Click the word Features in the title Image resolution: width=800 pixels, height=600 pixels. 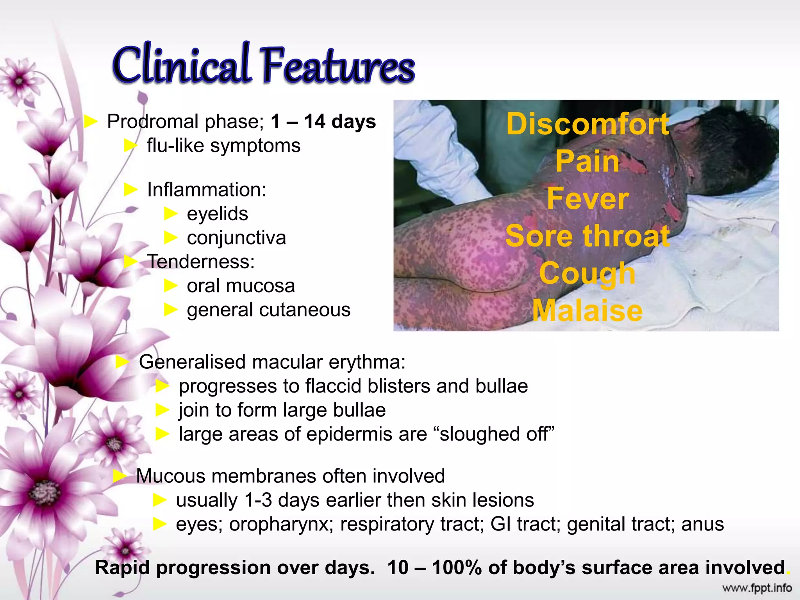point(338,66)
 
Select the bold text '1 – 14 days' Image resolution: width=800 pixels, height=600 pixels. point(323,121)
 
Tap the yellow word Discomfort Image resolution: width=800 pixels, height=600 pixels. point(587,124)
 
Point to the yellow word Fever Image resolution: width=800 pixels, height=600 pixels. point(587,199)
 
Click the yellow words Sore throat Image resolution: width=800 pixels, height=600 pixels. point(587,236)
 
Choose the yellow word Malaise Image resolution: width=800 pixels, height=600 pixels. point(587,311)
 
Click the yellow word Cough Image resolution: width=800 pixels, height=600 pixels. point(587,273)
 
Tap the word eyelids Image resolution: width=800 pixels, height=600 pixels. point(217,214)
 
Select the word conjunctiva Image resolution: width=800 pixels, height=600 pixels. point(236,238)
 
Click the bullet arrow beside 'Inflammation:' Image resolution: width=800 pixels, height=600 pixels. point(131,190)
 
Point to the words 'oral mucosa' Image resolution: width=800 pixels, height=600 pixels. point(241,286)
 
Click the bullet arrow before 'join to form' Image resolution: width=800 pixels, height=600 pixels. point(162,410)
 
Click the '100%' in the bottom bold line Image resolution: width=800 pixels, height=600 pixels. point(457,568)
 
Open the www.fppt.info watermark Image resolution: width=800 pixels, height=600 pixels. point(757,588)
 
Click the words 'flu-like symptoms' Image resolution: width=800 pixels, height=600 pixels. point(223,146)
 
